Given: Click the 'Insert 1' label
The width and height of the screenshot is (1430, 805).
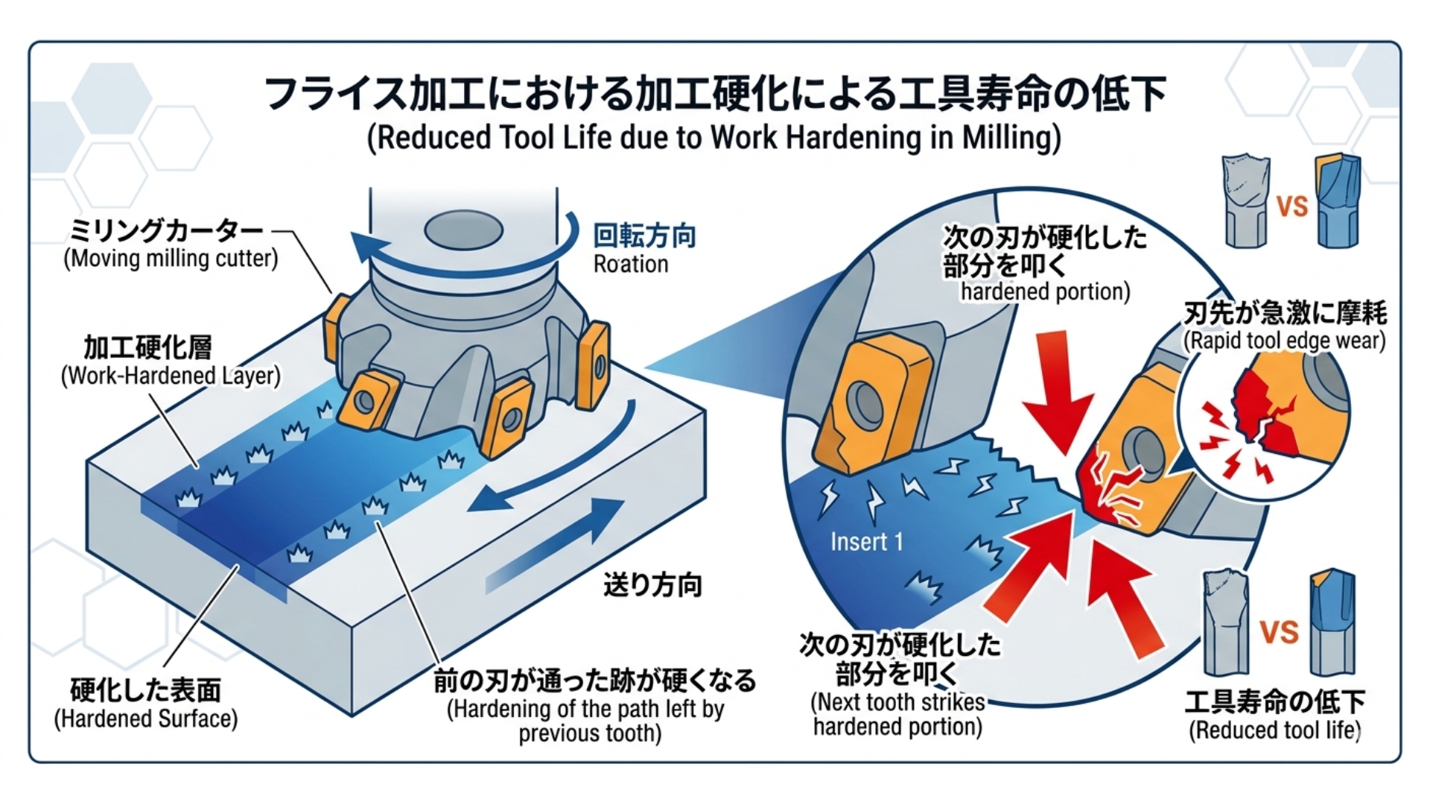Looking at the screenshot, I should (866, 542).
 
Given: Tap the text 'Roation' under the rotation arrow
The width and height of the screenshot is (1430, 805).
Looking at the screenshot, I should (630, 264).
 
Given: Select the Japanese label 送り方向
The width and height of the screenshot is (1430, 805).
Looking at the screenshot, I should (652, 585).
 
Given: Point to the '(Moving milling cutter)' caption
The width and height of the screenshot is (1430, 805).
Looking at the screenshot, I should (171, 259).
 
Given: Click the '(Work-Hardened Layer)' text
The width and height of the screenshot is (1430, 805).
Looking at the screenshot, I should (171, 375).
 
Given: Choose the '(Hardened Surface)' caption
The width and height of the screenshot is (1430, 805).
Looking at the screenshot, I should (146, 719).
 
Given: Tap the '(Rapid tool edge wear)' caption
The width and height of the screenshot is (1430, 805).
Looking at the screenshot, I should (1284, 341).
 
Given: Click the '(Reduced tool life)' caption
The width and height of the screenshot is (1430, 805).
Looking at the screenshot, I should (1274, 730).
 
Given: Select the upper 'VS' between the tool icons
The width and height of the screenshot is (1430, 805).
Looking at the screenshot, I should (1291, 206).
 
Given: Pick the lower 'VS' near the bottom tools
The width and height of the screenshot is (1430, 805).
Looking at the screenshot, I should (1279, 632).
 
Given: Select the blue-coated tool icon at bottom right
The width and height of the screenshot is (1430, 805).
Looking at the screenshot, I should (1332, 622).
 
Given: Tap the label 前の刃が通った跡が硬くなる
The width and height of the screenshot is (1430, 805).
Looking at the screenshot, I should (594, 680).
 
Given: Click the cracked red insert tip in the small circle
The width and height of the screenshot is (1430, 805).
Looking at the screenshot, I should (1259, 417).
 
